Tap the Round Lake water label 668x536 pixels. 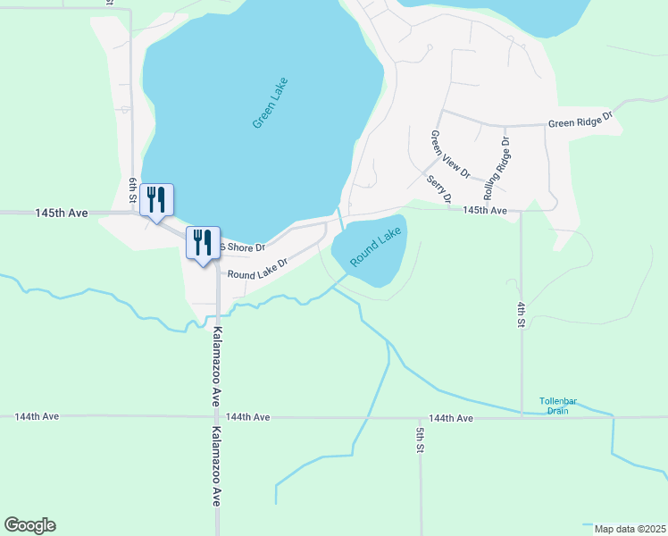(x=376, y=247)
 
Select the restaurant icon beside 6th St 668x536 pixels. (x=156, y=201)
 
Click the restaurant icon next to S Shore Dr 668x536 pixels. (x=203, y=243)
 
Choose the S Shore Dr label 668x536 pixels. (x=242, y=247)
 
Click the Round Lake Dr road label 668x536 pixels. (x=255, y=269)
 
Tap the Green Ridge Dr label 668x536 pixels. (x=580, y=121)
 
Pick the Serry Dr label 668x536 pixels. (x=438, y=188)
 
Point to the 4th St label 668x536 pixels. (x=521, y=314)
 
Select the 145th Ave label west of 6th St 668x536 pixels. (x=62, y=214)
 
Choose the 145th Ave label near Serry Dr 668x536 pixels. (x=485, y=210)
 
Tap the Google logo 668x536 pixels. (x=29, y=525)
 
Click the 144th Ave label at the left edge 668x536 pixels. (x=37, y=416)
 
